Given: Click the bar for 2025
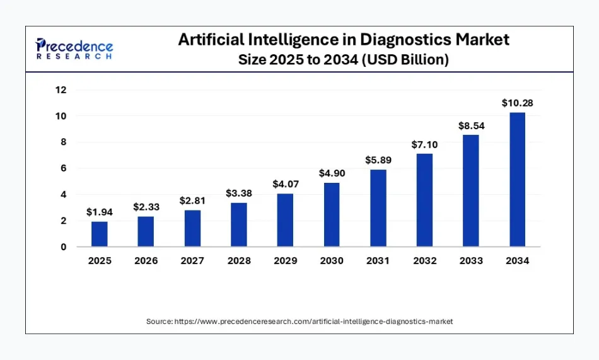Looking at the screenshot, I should pos(100,234).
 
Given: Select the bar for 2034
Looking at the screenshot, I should pos(517,179).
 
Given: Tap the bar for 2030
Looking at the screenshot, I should pos(332,214).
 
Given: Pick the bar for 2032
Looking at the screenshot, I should pos(424,200).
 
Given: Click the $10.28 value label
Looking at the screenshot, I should pos(517,103).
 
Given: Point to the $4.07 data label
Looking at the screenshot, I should pos(285,184).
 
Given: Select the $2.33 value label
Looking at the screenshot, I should pos(146,207).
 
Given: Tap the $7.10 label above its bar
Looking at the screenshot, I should pos(424,144).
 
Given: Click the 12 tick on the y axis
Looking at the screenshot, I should pos(61,90).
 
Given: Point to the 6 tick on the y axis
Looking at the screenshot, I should pos(63,168).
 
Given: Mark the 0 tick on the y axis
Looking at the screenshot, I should pos(63,247).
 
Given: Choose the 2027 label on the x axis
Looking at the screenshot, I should pos(192,261).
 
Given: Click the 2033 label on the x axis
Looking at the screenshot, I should pos(470,261).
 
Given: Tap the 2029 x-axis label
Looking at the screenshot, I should pos(285,261).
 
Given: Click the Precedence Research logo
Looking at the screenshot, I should pos(74,49).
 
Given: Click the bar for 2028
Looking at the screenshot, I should pos(239,224).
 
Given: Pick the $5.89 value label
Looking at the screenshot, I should pos(378,160).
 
